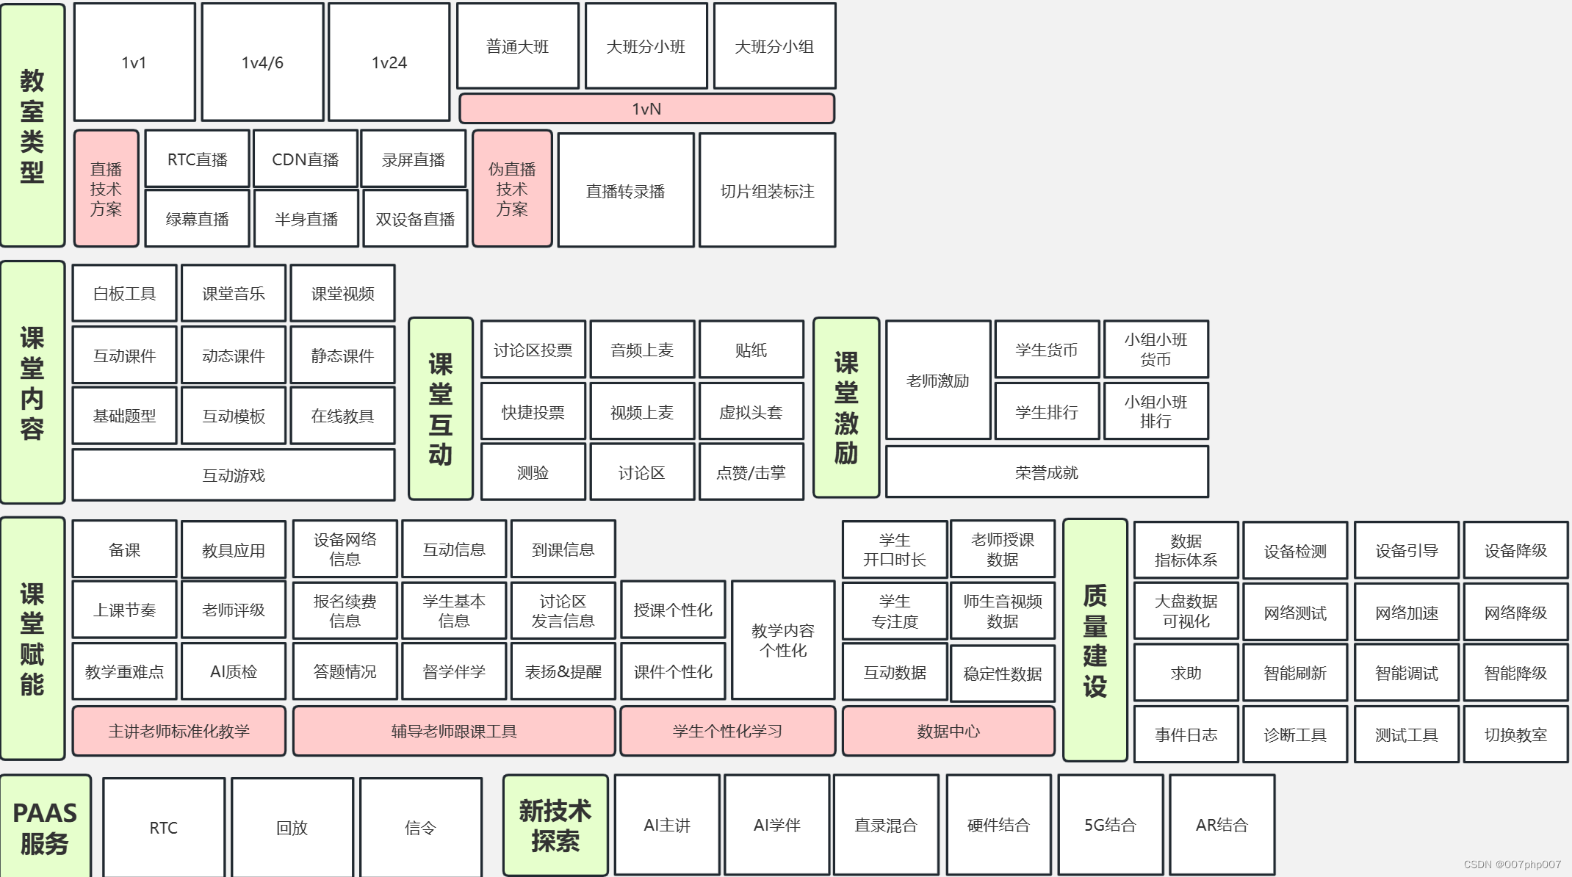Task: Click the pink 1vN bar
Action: click(x=646, y=109)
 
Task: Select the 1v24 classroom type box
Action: click(x=389, y=62)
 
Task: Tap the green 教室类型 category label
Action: click(x=32, y=125)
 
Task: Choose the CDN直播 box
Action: click(x=305, y=159)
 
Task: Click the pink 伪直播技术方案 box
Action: click(x=512, y=189)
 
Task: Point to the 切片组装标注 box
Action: click(x=767, y=191)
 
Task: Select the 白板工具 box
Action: click(x=124, y=294)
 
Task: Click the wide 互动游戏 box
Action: click(x=233, y=475)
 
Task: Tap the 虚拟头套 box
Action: click(x=751, y=412)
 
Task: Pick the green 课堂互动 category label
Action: click(x=440, y=408)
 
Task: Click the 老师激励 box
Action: click(x=937, y=380)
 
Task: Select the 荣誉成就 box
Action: click(x=1046, y=472)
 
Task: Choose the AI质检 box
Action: click(x=233, y=671)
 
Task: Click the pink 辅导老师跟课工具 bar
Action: click(x=453, y=731)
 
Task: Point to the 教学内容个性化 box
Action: click(x=782, y=640)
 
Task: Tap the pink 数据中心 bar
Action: click(x=948, y=731)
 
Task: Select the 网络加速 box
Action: click(x=1406, y=613)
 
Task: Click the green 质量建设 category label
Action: click(x=1095, y=640)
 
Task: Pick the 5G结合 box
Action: click(x=1110, y=825)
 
